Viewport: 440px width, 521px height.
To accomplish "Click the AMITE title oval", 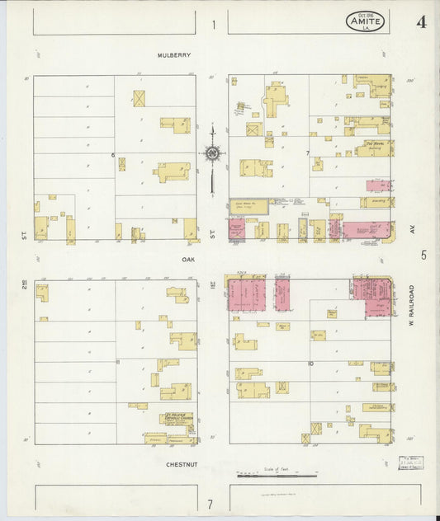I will click(365, 22).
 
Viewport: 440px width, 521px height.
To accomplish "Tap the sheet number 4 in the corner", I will click(421, 22).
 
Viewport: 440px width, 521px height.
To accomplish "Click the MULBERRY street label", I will click(174, 55).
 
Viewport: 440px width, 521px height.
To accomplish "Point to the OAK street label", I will click(187, 258).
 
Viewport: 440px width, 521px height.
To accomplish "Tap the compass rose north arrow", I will click(212, 153).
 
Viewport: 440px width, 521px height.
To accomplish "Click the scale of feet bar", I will click(277, 475).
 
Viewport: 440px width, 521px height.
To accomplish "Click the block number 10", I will click(310, 362).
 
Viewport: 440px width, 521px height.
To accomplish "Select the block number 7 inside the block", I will click(306, 153).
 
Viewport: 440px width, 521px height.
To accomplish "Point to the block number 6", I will click(112, 155).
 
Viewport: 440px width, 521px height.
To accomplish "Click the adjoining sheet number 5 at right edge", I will click(423, 256).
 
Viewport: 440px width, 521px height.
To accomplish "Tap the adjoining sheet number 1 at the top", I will click(213, 25).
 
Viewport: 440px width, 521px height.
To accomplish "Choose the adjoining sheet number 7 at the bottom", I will click(210, 504).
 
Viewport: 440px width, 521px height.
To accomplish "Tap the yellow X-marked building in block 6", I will click(140, 98).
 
